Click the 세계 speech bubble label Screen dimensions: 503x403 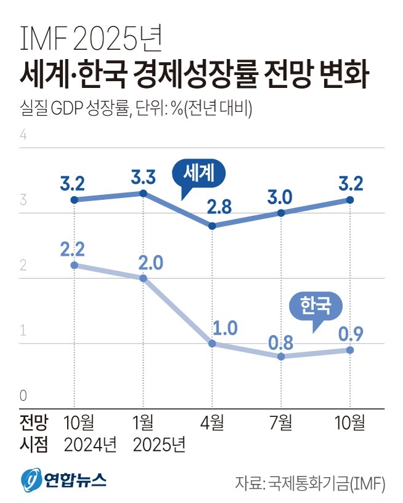(x=199, y=175)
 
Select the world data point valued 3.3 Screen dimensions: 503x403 (x=143, y=193)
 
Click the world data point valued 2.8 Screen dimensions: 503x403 (x=212, y=226)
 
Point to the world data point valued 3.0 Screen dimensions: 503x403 (x=281, y=213)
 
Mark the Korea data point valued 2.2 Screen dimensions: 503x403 (x=74, y=265)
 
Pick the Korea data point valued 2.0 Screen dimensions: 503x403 (x=143, y=278)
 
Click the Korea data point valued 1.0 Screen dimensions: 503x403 (x=212, y=343)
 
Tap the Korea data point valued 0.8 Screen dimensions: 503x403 (x=281, y=356)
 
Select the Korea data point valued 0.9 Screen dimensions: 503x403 (x=350, y=350)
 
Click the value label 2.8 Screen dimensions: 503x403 (x=219, y=207)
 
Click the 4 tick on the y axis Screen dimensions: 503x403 (x=25, y=135)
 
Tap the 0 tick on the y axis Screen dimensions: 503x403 (x=25, y=395)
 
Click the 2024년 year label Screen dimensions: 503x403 (x=90, y=444)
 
